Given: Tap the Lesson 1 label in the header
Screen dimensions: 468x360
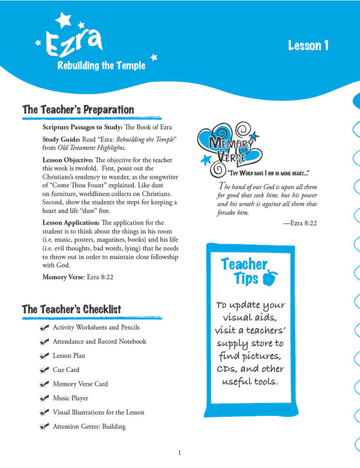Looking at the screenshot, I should click(x=308, y=46).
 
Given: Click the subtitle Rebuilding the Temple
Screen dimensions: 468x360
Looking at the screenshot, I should click(x=101, y=66).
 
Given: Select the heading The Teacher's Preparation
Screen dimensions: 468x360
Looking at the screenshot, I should click(x=78, y=110).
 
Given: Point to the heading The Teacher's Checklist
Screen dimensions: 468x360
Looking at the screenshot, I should click(x=71, y=309).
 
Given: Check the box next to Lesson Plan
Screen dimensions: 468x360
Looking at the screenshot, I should click(x=43, y=356).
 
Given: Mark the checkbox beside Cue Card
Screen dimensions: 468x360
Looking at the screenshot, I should click(x=43, y=370).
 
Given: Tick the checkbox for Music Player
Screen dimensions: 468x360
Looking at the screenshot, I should click(x=43, y=398).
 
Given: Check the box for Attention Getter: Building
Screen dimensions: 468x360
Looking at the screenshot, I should click(x=43, y=427).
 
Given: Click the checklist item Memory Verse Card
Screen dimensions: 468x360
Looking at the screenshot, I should click(x=80, y=384).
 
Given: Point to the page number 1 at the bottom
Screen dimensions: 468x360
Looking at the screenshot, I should click(x=179, y=453).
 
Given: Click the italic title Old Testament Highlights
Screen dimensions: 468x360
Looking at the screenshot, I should click(x=95, y=148).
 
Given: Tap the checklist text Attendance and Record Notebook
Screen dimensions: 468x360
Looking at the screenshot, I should click(x=99, y=342).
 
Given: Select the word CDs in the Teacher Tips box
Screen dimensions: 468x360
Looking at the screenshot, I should click(x=227, y=368).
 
